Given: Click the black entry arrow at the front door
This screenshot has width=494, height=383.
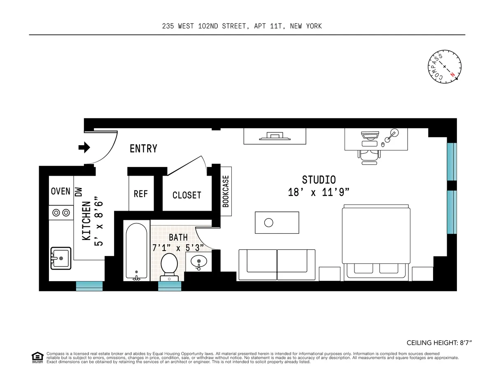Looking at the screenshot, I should coord(84,147).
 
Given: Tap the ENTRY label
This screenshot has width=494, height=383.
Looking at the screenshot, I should coord(143,148).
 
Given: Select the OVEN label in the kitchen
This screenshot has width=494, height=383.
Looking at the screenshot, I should coord(61,191).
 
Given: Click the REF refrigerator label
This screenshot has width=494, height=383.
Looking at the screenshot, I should coord(140,194).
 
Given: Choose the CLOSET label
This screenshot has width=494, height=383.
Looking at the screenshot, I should coord(186,195).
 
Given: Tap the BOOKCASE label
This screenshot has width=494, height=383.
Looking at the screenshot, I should coord(226,191).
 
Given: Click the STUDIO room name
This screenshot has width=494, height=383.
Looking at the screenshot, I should coord(319,180).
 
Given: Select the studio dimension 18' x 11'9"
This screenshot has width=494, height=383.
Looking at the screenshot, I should coord(319,192).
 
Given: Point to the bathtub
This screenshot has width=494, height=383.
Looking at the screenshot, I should coord(135,250).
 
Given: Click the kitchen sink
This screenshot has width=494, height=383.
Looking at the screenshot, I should coord(61,258).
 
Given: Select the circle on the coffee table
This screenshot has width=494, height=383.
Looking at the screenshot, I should coord(268,223).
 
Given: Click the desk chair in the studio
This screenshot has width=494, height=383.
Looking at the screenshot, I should coord(369,155).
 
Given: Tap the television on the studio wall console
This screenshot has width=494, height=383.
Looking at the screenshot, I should coord(274,136).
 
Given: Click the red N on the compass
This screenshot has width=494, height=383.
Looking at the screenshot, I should coord(452,75).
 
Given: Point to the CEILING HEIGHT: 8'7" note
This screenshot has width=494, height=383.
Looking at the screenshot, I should coord(438,343).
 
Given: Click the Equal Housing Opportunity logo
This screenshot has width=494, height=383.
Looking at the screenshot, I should coord(37,357).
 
